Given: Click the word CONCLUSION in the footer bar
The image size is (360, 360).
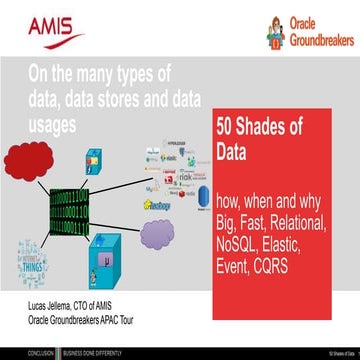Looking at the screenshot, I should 18,353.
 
